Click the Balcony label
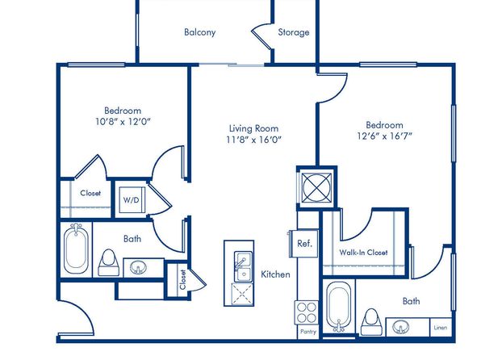coord(199,32)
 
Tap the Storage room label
coord(294,32)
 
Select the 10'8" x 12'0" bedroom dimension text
coord(123,122)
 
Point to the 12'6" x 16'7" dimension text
coord(384,136)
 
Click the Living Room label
coord(254,128)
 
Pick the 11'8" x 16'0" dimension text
coord(254,140)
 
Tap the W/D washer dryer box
coord(132,200)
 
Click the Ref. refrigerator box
coord(304,244)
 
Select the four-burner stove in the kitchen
coord(307,312)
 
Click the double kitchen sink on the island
coord(243,266)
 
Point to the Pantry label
coord(308,332)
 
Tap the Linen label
coord(440,328)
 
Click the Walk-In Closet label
coord(363,253)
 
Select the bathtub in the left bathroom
coord(76,249)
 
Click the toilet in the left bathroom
coord(108,262)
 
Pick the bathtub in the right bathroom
coord(338,307)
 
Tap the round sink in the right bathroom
coord(400,327)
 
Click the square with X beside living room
coord(316,188)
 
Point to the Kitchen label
coord(275,274)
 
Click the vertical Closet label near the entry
coord(183,279)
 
